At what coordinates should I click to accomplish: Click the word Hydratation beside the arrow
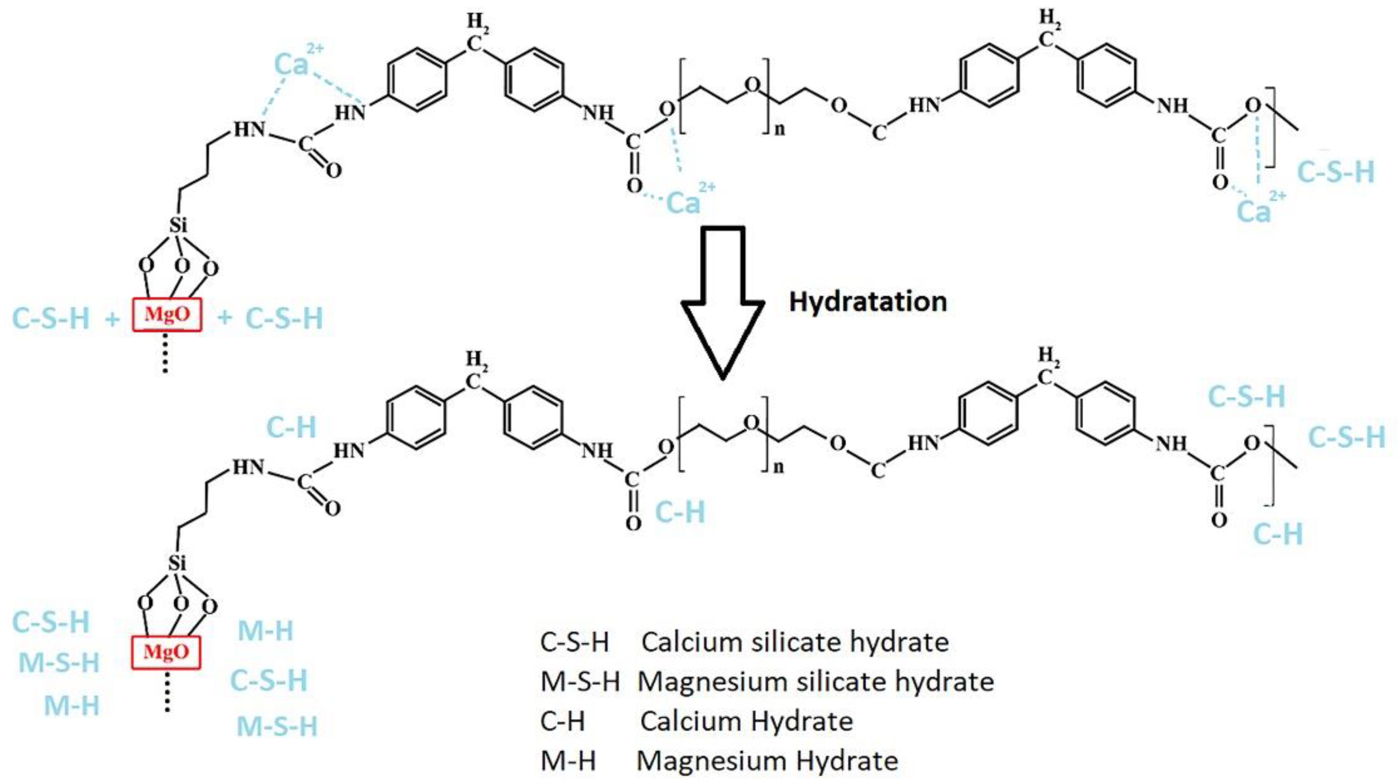coord(868,302)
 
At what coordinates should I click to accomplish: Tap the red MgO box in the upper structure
coord(167,315)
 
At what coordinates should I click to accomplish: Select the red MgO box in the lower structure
coord(166,652)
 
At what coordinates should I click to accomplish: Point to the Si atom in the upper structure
coord(178,225)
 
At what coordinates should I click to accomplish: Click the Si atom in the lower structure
coord(177,563)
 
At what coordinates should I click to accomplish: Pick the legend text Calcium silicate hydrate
coord(795,643)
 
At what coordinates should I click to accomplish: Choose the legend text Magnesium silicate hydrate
coord(815,681)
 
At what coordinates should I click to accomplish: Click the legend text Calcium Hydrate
coord(746,721)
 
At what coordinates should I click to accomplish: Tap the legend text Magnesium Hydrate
coord(767,761)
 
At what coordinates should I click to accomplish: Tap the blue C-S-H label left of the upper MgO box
coord(51,318)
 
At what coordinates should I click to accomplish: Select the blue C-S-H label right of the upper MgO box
coord(284,318)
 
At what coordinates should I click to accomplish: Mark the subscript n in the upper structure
coord(779,129)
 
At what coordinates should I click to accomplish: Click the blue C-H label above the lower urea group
coord(291,427)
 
